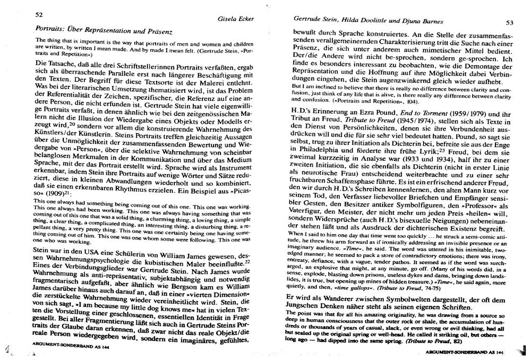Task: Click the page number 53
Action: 509,22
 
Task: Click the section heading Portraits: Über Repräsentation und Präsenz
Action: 104,30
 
